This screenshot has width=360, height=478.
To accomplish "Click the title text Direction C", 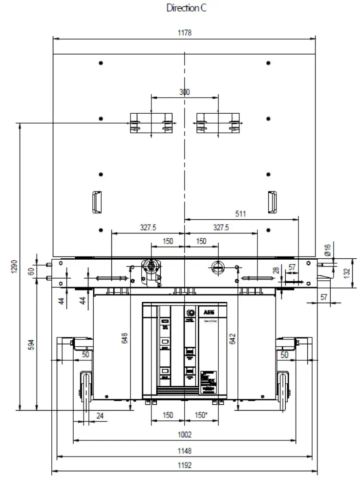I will (x=187, y=8).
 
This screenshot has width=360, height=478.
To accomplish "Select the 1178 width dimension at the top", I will (x=184, y=33).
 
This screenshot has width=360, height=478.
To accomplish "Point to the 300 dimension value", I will (x=185, y=92).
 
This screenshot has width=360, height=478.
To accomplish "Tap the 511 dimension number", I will (x=240, y=213).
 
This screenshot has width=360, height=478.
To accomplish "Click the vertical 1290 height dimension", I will (x=14, y=267).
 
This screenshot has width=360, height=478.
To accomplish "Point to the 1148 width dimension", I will (x=184, y=451).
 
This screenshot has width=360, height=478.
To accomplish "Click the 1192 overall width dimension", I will (x=184, y=465).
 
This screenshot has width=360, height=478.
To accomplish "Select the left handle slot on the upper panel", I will (x=96, y=201).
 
